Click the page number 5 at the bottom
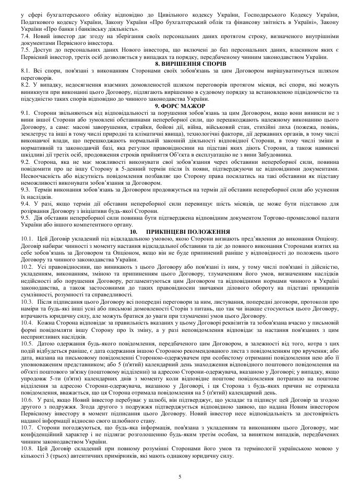(x=179, y=476)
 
